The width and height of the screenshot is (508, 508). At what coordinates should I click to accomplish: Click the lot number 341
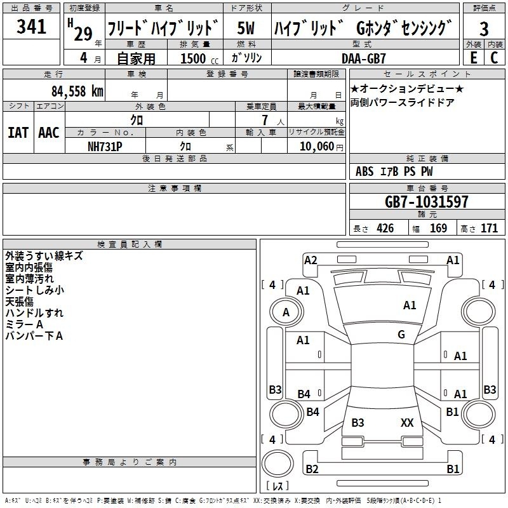coord(31,27)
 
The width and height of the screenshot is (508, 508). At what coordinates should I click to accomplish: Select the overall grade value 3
coord(484,29)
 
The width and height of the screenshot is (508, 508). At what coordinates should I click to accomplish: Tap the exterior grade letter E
coord(473,58)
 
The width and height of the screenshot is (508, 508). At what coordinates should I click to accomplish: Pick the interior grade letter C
coord(494,58)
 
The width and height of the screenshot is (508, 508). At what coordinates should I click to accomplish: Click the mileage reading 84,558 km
coord(77,91)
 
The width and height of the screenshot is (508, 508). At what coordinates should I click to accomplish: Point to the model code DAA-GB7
coord(363,58)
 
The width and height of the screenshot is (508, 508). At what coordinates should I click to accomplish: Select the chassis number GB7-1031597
coord(426,202)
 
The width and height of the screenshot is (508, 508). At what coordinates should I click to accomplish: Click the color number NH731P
coord(105,147)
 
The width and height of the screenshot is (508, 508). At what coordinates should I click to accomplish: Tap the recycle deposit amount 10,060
coord(317,147)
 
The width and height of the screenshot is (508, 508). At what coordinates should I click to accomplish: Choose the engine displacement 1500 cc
coord(199,58)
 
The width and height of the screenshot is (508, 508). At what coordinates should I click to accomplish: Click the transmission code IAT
coord(18,133)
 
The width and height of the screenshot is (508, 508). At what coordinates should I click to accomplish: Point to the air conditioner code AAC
coord(49,133)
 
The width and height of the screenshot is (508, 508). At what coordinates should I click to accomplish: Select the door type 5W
coord(246,28)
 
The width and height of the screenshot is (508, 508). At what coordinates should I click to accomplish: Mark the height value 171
coord(489,228)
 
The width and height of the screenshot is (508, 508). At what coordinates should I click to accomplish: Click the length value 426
coord(385,228)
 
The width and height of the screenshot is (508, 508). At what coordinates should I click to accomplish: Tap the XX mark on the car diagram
coord(407,422)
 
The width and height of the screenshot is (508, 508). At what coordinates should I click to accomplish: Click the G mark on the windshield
coord(401,335)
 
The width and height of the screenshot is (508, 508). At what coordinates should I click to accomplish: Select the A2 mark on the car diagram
coord(311,260)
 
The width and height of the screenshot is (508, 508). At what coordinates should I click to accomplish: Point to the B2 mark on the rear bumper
coord(312,469)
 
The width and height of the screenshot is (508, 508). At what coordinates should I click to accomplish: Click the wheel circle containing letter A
coord(286,312)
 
